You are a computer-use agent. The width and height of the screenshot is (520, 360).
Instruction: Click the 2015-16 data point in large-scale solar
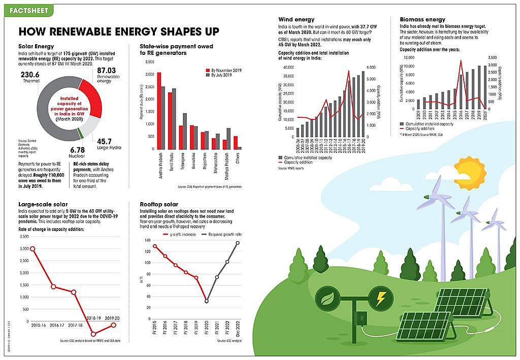pos(32,249)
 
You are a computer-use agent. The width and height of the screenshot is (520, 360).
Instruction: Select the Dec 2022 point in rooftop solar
pos(237,243)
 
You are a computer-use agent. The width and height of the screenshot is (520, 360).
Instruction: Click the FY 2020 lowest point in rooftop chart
pos(206,301)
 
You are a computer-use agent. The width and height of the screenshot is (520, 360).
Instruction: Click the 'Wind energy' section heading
pos(297,19)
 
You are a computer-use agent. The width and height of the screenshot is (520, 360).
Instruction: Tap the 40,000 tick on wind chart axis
pos(287,67)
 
